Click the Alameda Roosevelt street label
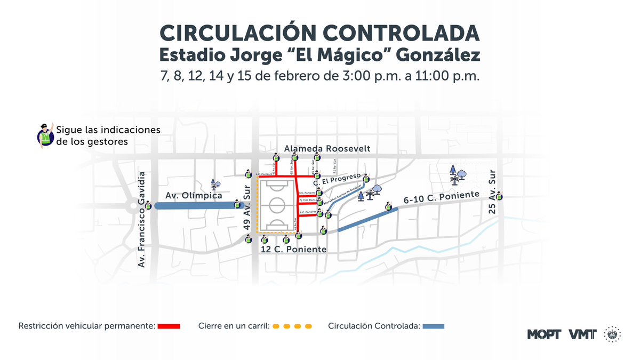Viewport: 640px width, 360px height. tap(327, 148)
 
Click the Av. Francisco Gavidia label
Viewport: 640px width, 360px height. tap(142, 220)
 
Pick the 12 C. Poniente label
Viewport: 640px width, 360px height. tap(293, 250)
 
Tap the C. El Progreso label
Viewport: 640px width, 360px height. tap(338, 179)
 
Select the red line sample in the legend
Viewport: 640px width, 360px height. tap(169, 326)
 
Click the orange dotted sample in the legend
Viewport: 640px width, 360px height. tap(291, 326)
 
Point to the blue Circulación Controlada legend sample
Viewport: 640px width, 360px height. tap(433, 326)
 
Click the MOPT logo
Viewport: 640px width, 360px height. tap(544, 334)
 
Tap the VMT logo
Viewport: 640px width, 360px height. tap(583, 334)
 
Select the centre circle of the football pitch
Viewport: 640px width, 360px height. tap(278, 205)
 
